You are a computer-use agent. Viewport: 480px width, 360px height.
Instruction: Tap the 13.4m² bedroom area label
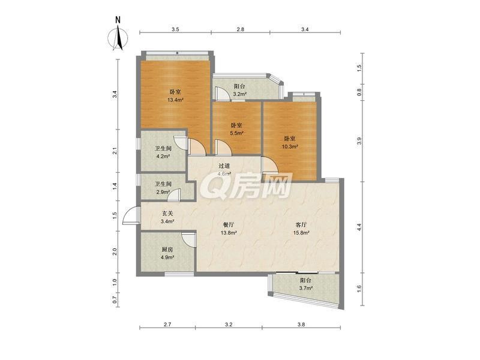pyautogui.click(x=175, y=100)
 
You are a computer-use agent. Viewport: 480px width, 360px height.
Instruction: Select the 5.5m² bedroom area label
pyautogui.click(x=236, y=133)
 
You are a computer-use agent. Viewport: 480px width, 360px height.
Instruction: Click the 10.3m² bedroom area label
pyautogui.click(x=290, y=146)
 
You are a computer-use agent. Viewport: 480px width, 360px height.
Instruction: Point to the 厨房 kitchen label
pyautogui.click(x=167, y=250)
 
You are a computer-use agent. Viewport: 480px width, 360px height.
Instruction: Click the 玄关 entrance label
pyautogui.click(x=167, y=213)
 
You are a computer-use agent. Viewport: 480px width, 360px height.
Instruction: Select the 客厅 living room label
pyautogui.click(x=301, y=224)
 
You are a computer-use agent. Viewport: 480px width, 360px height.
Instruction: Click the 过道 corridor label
pyautogui.click(x=224, y=166)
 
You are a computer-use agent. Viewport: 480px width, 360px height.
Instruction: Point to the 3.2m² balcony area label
pyautogui.click(x=239, y=94)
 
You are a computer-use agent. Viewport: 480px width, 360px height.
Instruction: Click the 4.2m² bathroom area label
pyautogui.click(x=163, y=156)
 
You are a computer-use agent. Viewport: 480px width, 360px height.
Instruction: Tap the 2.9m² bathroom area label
pyautogui.click(x=163, y=192)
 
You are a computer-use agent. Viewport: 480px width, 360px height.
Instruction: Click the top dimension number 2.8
pyautogui.click(x=241, y=29)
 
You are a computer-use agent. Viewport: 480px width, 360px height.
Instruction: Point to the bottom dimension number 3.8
pyautogui.click(x=301, y=325)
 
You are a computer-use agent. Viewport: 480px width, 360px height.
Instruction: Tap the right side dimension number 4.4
pyautogui.click(x=359, y=227)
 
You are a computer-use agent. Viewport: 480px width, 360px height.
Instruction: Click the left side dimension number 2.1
pyautogui.click(x=115, y=151)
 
